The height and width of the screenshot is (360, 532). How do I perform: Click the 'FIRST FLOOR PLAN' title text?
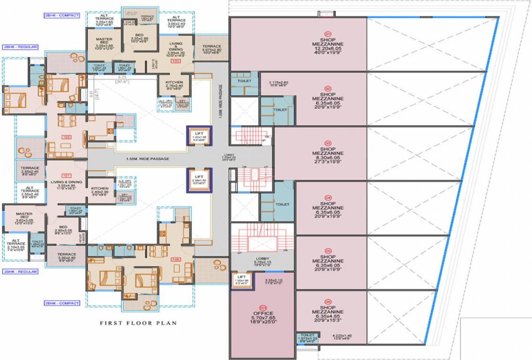pyautogui.click(x=138, y=323)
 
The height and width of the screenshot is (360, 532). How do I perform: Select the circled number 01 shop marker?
pyautogui.click(x=328, y=33)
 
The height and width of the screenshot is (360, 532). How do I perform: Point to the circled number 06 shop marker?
pyautogui.click(x=328, y=301)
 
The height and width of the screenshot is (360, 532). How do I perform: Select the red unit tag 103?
pyautogui.click(x=176, y=61)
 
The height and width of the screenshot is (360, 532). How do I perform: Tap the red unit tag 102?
pyautogui.click(x=66, y=137)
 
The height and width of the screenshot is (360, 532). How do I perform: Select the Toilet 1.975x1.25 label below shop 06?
pyautogui.click(x=307, y=337)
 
